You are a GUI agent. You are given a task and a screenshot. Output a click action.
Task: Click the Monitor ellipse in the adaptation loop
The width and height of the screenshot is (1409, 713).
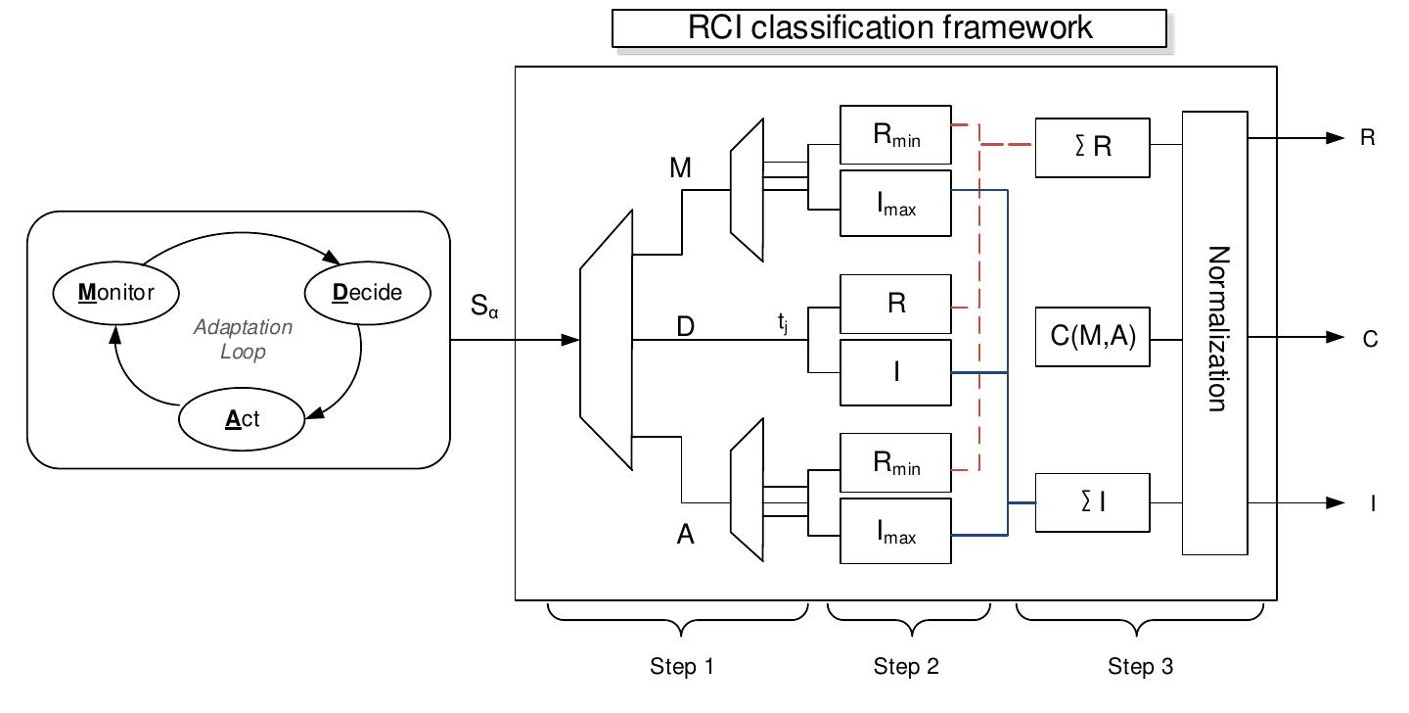click(x=115, y=292)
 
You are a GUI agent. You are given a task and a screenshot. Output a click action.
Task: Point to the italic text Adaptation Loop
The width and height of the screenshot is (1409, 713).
click(x=243, y=339)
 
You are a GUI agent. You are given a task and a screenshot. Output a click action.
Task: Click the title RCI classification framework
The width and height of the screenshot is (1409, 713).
click(x=888, y=27)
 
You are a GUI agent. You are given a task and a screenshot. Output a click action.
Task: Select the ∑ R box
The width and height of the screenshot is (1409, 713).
click(x=1092, y=147)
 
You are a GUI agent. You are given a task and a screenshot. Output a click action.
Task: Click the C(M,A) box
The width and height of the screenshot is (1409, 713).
click(x=1092, y=338)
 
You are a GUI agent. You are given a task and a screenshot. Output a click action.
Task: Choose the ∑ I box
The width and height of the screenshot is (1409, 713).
click(x=1092, y=502)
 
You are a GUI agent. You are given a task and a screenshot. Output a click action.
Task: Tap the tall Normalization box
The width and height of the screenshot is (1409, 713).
click(x=1214, y=332)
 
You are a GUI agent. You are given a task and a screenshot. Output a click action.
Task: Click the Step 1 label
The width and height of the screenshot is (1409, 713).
click(x=682, y=667)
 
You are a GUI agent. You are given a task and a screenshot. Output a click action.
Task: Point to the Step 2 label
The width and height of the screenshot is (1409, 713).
click(x=906, y=667)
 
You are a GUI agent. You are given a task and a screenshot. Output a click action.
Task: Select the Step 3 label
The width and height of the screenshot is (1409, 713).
click(x=1140, y=667)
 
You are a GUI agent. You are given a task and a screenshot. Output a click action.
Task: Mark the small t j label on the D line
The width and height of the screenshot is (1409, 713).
click(x=783, y=321)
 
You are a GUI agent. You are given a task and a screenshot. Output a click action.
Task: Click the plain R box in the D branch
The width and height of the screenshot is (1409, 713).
click(x=895, y=304)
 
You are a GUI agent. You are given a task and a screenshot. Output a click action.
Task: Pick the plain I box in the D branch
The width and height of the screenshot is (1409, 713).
click(x=895, y=372)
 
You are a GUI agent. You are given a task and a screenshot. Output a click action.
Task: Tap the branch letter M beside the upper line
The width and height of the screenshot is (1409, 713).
click(x=681, y=168)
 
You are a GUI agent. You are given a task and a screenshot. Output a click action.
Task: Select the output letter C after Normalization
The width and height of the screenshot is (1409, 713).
click(x=1370, y=339)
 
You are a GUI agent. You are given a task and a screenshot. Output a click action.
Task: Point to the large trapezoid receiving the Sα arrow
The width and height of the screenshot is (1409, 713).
click(x=607, y=341)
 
